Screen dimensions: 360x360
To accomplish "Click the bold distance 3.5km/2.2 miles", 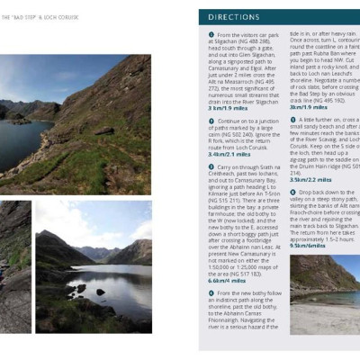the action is coord(311,179).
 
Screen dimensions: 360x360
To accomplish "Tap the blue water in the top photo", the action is coord(27,144).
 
